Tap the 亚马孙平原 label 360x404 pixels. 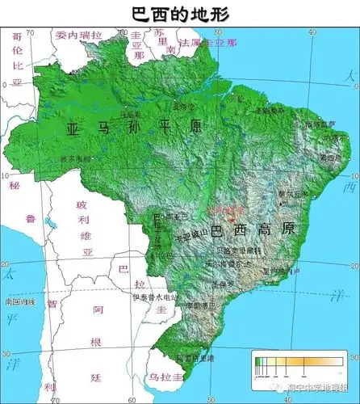click(133, 127)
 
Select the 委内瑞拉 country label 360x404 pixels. click(79, 36)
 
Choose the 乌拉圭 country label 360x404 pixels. click(165, 377)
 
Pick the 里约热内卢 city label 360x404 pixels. click(283, 271)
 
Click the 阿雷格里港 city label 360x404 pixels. click(195, 356)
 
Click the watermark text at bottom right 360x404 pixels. click(315, 388)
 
